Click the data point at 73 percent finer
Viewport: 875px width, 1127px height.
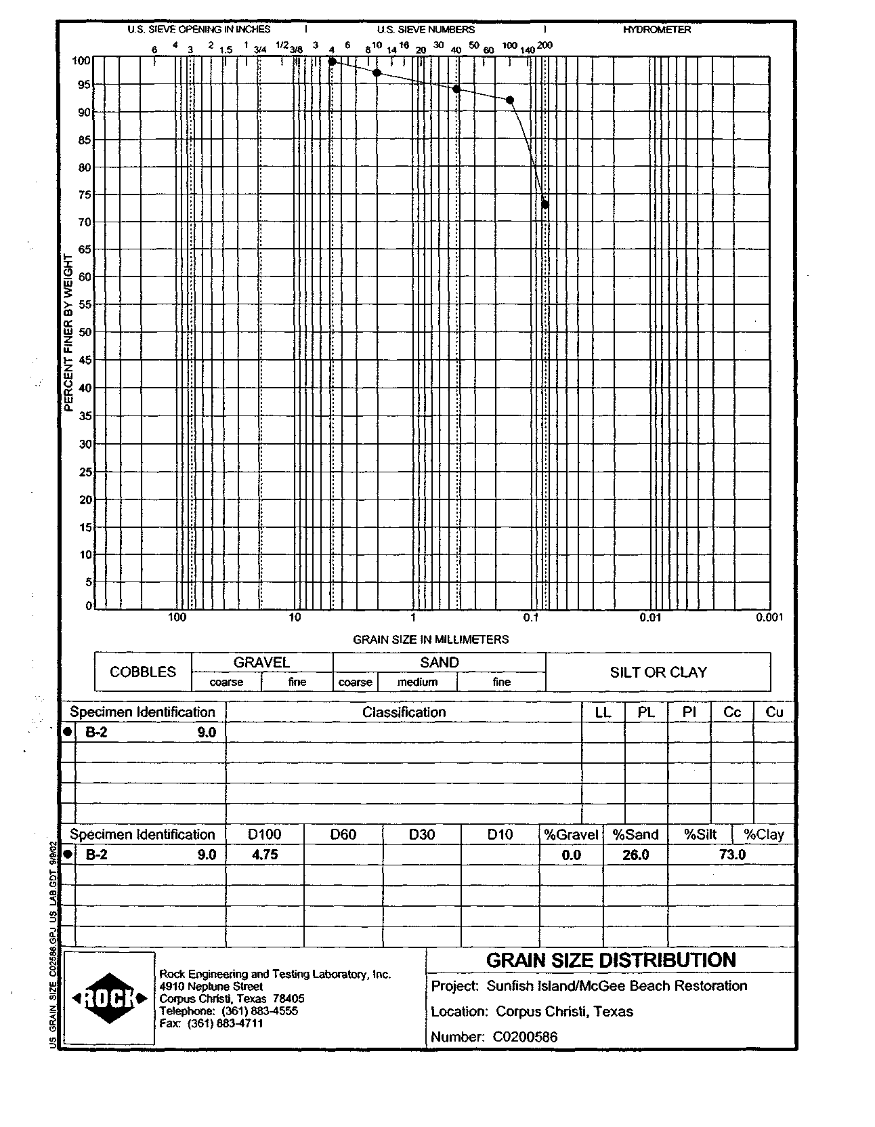coord(545,205)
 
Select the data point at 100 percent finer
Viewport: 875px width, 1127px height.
coord(332,62)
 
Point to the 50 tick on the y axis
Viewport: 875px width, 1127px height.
coord(84,332)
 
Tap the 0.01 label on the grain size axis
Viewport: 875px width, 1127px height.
coord(650,617)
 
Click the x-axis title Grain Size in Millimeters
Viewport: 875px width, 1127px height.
coord(431,639)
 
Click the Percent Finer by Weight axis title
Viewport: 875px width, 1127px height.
coord(68,333)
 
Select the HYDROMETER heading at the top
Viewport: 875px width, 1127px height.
coord(657,30)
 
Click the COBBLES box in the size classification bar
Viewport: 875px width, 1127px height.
coord(143,672)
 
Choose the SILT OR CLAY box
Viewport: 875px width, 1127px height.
coord(658,672)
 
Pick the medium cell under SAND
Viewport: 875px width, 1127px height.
coord(417,682)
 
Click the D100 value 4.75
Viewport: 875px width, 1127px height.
coord(265,855)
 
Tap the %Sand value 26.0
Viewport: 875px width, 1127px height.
coord(635,855)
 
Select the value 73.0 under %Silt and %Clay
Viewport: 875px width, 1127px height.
coord(732,855)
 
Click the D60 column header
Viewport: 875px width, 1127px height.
coord(343,834)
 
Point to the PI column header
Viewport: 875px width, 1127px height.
coord(689,712)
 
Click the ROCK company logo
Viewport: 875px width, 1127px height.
coord(108,998)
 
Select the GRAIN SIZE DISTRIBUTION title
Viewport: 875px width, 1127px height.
coord(611,960)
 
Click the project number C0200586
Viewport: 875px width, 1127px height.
coord(526,1037)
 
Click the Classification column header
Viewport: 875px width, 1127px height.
coord(404,712)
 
